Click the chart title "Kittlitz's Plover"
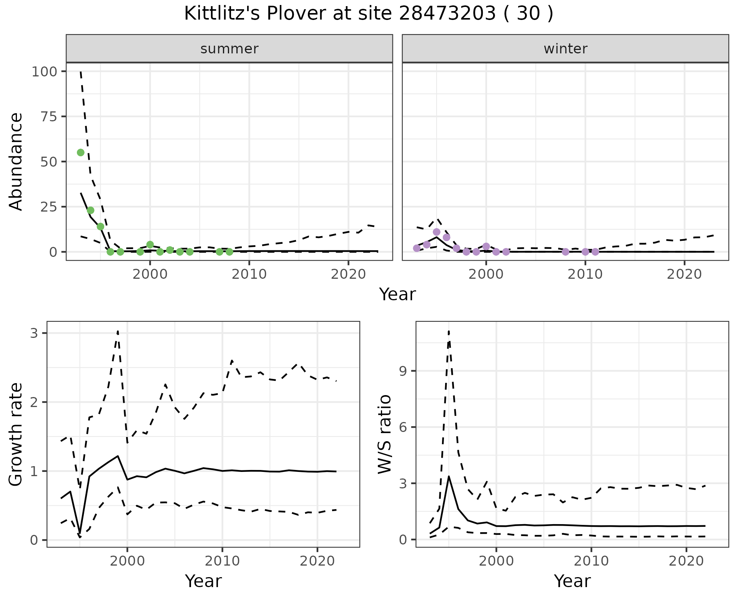pos(368,14)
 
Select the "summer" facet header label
pos(229,49)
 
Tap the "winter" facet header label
pos(565,49)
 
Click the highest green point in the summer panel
pos(81,152)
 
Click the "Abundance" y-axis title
pos(16,161)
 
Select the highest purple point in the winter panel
pos(437,232)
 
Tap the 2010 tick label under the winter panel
pos(585,274)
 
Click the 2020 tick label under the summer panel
pos(348,274)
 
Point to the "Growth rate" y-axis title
pos(16,434)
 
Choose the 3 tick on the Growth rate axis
pos(34,333)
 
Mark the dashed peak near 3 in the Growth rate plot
pos(118,331)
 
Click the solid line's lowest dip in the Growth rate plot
pos(80,534)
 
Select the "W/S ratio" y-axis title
pos(385,434)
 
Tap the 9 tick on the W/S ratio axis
pos(403,371)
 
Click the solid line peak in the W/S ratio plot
pos(449,477)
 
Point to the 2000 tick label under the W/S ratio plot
pos(496,561)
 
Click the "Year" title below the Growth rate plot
pos(203,581)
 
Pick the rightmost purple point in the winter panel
pos(595,252)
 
